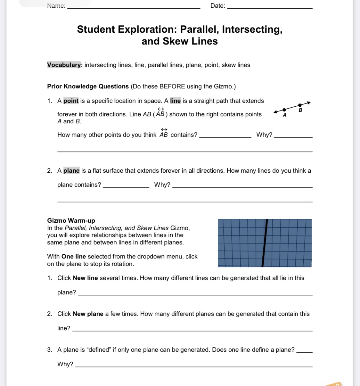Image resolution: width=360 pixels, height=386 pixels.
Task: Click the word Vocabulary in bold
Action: click(x=64, y=65)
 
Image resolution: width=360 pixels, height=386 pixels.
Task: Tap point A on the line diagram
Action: click(x=284, y=110)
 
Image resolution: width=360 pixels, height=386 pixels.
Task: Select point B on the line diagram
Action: click(x=300, y=105)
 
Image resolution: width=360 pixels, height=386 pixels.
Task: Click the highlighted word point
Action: click(x=71, y=101)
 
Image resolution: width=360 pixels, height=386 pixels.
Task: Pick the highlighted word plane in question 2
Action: click(x=71, y=171)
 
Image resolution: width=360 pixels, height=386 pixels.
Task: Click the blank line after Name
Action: click(x=134, y=7)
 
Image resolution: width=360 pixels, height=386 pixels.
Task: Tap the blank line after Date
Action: click(x=270, y=7)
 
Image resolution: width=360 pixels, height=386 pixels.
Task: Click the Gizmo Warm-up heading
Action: click(x=71, y=220)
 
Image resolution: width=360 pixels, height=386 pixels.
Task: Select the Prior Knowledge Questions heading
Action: click(x=88, y=86)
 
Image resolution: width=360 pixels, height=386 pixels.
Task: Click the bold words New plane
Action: click(x=88, y=314)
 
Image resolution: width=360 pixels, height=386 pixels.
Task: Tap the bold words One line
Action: click(x=74, y=257)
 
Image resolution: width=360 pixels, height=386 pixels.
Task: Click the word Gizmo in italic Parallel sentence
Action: click(x=179, y=228)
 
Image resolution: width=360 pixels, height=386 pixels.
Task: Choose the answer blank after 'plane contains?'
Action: click(x=126, y=186)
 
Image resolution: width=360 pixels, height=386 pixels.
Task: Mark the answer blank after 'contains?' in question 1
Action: click(x=225, y=136)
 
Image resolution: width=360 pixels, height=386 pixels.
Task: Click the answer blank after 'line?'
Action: click(x=192, y=330)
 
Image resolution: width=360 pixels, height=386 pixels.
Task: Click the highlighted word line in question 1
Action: click(x=175, y=101)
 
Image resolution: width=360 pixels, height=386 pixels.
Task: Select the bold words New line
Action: click(x=85, y=278)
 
